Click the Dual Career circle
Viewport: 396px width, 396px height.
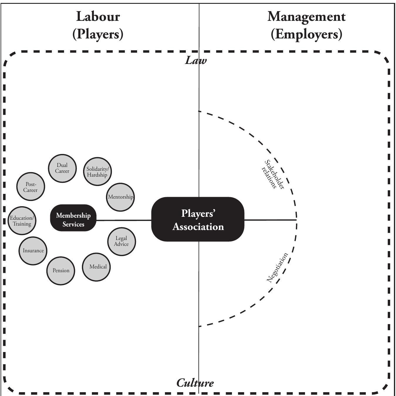62,168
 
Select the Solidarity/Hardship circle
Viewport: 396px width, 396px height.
97,172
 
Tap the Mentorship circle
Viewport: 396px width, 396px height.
120,197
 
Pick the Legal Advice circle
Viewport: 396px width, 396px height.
122,241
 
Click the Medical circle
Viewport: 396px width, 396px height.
97,267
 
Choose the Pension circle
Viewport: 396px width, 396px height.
61,270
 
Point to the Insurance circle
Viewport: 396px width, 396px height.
33,251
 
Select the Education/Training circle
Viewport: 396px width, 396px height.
22,221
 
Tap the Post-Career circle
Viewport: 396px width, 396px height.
31,187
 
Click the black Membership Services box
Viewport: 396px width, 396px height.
73,219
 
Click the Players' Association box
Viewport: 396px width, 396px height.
198,220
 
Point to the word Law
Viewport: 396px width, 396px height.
196,61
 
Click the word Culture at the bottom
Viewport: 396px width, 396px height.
195,383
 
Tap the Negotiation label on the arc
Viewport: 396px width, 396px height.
277,268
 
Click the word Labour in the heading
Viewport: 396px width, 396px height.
98,17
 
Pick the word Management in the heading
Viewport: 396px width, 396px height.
306,17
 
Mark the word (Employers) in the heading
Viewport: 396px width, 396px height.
306,34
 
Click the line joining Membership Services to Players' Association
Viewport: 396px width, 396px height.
123,220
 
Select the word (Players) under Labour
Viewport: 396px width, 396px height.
98,34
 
